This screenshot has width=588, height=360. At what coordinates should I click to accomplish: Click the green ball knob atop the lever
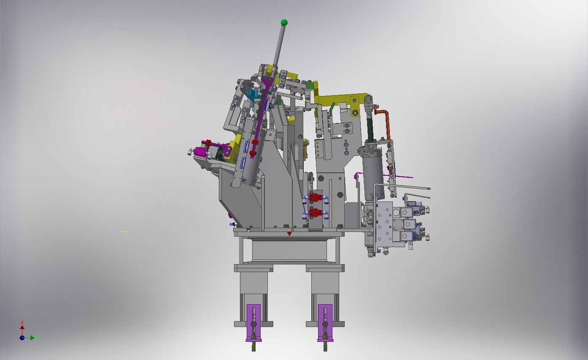point(284,22)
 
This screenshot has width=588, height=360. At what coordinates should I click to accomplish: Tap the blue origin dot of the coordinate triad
point(22,338)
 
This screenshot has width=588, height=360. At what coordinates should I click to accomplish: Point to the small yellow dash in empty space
point(124,232)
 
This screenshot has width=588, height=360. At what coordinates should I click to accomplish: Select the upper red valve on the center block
point(314,197)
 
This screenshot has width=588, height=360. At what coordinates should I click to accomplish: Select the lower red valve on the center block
point(314,213)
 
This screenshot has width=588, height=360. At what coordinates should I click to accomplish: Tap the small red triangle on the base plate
point(289,234)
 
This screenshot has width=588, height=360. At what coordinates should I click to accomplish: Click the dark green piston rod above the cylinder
point(371,129)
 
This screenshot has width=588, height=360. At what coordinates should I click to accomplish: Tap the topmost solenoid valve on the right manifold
point(409,211)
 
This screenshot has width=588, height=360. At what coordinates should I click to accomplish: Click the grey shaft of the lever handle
point(279,46)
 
